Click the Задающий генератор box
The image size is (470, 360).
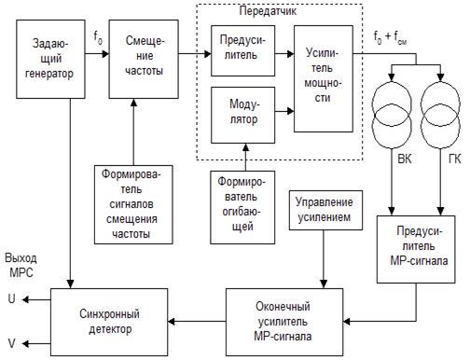click(x=50, y=59)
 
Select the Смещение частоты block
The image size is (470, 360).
click(x=144, y=59)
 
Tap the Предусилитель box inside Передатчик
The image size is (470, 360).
click(x=242, y=50)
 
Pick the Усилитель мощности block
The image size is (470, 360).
click(x=324, y=78)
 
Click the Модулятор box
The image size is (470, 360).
click(x=242, y=115)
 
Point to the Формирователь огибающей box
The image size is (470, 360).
click(x=242, y=207)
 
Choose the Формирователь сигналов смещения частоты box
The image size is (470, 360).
click(x=133, y=204)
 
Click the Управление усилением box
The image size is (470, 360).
click(x=325, y=210)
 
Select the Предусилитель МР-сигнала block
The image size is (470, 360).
click(x=416, y=249)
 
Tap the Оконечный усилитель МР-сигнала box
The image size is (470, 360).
click(x=284, y=322)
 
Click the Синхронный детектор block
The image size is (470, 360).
click(x=109, y=322)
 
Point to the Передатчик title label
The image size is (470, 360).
click(x=268, y=11)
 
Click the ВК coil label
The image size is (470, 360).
click(x=405, y=159)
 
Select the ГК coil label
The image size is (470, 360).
click(x=454, y=159)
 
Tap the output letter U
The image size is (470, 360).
click(x=11, y=298)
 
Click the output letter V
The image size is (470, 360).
click(x=11, y=343)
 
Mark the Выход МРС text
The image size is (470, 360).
click(x=21, y=265)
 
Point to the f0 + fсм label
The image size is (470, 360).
click(x=390, y=37)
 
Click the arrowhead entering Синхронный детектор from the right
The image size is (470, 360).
click(x=172, y=322)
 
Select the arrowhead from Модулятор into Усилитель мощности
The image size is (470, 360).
click(x=291, y=111)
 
